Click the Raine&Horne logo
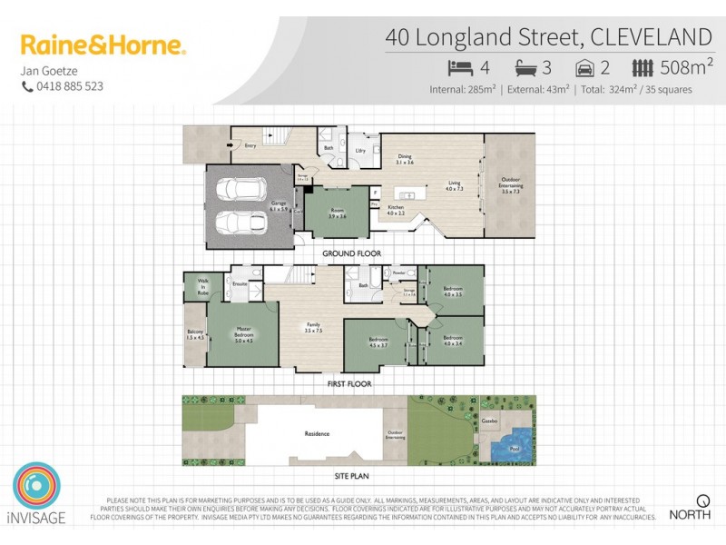(103, 45)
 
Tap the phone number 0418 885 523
(68, 86)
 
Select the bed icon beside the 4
(460, 66)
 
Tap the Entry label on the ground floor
(249, 144)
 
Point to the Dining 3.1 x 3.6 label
(405, 159)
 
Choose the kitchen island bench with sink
(409, 194)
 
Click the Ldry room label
(360, 152)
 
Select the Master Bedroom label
(243, 333)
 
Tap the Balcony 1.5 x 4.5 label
(194, 334)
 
